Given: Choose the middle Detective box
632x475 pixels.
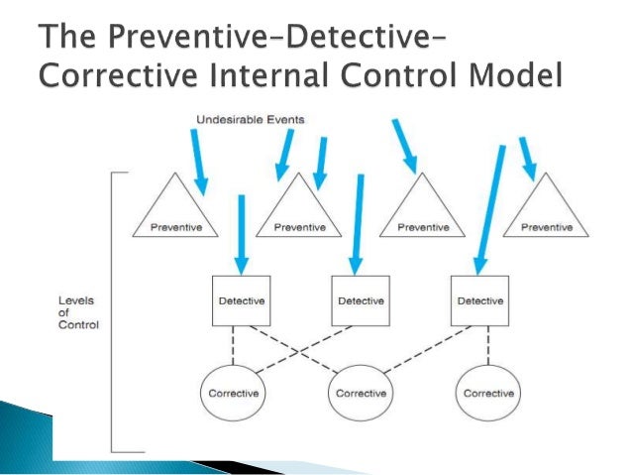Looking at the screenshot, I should click(359, 298).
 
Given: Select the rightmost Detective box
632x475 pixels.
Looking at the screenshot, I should click(479, 298).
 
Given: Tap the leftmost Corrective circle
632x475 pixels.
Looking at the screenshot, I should click(234, 392).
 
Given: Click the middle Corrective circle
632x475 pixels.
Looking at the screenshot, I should click(362, 392).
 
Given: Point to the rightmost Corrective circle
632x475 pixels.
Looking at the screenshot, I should click(487, 392).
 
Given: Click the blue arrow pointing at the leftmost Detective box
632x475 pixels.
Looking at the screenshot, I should click(240, 233).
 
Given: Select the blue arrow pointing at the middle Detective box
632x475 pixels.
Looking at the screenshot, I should click(358, 223).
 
